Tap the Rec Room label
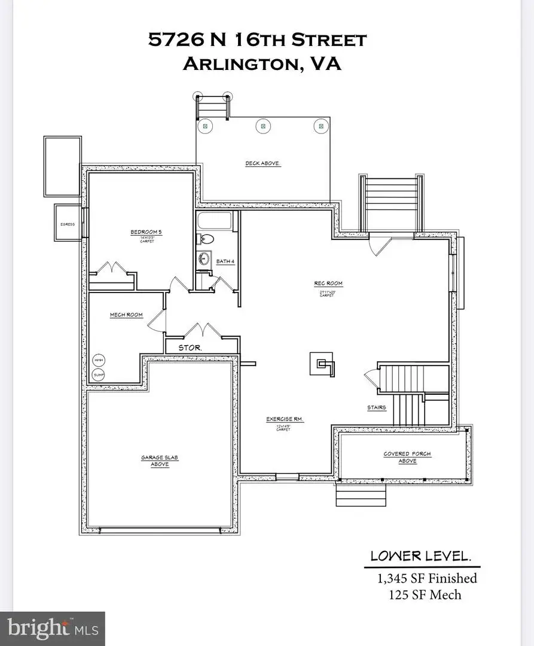(328, 284)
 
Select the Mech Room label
(126, 315)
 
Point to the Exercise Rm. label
(285, 419)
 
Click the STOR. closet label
(191, 347)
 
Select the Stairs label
(377, 407)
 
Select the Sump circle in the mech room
(98, 374)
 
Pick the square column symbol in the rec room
(322, 363)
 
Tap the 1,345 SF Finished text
(426, 578)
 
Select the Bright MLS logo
(53, 628)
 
